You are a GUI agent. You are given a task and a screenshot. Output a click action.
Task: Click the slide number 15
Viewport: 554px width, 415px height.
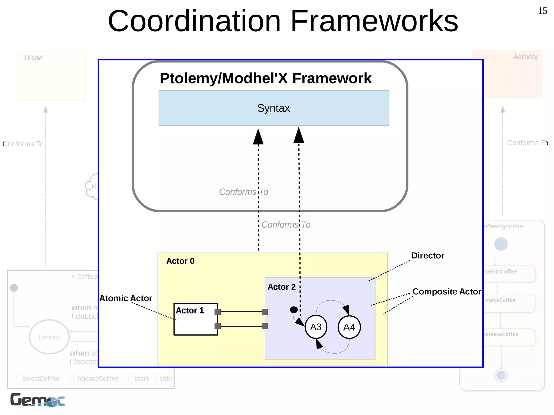[542, 11]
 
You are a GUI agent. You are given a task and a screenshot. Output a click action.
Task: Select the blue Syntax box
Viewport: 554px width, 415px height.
[273, 108]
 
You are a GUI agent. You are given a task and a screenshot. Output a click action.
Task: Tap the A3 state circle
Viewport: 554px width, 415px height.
[316, 327]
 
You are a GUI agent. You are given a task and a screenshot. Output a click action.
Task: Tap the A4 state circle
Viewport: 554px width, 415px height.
[349, 327]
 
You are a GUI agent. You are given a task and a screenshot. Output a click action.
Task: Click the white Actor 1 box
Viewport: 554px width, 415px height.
[195, 322]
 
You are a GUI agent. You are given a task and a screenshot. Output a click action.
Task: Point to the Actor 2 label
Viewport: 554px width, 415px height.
[281, 287]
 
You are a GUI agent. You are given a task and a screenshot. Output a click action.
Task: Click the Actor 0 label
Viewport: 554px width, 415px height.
[180, 261]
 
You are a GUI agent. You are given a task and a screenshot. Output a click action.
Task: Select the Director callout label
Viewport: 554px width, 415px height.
[427, 255]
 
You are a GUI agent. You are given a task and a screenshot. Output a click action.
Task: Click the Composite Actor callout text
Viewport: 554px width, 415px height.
[447, 291]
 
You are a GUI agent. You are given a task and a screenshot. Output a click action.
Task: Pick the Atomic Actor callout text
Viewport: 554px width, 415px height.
[126, 298]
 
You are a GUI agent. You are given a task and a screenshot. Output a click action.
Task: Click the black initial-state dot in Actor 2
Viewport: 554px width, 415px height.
[294, 310]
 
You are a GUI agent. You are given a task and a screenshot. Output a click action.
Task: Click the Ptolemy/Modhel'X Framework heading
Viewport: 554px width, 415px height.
[265, 78]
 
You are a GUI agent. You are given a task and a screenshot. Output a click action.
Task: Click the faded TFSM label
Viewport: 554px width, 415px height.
[32, 58]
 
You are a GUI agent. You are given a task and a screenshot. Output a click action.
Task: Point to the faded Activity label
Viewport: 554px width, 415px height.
[525, 57]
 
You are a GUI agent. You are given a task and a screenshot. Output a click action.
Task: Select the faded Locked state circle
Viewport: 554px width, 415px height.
[49, 337]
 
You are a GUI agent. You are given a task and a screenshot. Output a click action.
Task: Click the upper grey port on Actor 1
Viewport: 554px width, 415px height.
[217, 312]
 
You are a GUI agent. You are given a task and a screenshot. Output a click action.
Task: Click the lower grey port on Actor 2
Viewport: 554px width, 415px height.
[265, 326]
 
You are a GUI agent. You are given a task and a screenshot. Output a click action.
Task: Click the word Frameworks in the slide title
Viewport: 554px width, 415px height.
[374, 21]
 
